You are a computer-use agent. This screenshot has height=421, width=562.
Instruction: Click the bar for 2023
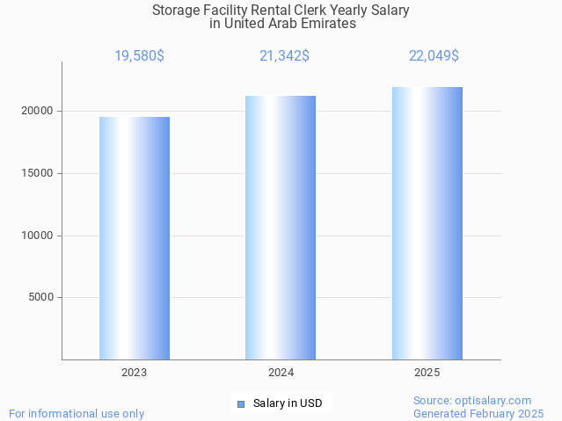(x=135, y=238)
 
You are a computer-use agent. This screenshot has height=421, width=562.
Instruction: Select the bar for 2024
(x=281, y=228)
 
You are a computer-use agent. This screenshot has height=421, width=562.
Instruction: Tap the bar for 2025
(x=427, y=223)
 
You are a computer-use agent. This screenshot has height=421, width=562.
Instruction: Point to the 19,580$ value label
(x=139, y=56)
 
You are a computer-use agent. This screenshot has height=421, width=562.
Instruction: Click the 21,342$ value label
(x=284, y=56)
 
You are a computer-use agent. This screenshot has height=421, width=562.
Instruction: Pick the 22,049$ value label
(x=434, y=56)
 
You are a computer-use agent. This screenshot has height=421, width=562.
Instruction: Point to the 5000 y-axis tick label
(x=41, y=297)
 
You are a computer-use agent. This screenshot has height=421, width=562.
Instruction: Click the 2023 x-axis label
(x=135, y=373)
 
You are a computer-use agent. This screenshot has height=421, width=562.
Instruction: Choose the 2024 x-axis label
(x=281, y=373)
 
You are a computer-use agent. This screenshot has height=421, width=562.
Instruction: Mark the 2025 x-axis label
(x=427, y=373)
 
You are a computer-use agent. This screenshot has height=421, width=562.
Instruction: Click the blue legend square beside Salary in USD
(x=240, y=403)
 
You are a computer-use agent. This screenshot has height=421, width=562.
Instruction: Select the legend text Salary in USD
(x=288, y=403)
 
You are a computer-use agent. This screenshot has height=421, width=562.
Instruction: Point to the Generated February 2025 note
(x=478, y=413)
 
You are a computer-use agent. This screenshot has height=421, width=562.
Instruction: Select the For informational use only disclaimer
(x=77, y=413)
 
